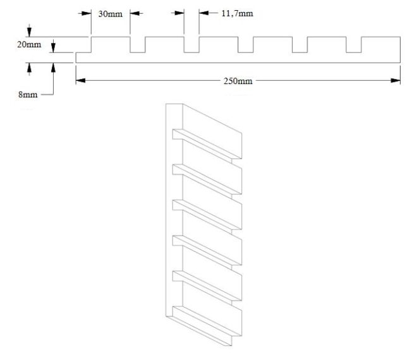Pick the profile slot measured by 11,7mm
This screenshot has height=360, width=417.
(191, 45)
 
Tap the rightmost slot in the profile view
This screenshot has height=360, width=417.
(353, 45)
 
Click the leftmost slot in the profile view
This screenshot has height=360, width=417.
(138, 45)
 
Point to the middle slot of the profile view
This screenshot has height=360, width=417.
(246, 45)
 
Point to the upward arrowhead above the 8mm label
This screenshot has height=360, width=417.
(28, 66)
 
